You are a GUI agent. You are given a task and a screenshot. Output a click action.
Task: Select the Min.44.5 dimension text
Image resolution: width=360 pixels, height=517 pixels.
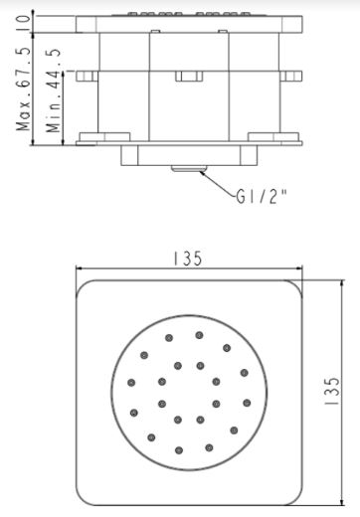pyautogui.click(x=56, y=93)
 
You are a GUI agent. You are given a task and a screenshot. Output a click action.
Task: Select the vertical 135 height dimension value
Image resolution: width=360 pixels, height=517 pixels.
pyautogui.click(x=336, y=394)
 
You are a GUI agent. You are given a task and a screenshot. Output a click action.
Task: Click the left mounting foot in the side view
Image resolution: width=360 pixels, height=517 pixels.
pyautogui.click(x=99, y=137)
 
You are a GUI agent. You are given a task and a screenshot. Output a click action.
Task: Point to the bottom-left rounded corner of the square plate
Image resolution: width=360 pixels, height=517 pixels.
pyautogui.click(x=88, y=498)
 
